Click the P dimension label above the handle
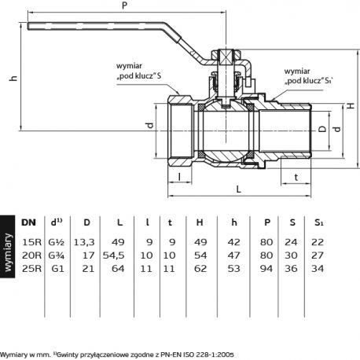pyautogui.click(x=125, y=6)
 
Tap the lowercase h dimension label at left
pyautogui.click(x=13, y=78)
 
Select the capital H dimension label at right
pyautogui.click(x=351, y=105)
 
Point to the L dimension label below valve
pyautogui.click(x=238, y=189)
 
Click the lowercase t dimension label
pyautogui.click(x=296, y=178)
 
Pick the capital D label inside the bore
pyautogui.click(x=322, y=129)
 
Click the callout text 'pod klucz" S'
pyautogui.click(x=139, y=76)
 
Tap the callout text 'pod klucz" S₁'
pyautogui.click(x=309, y=81)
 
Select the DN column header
pyautogui.click(x=28, y=222)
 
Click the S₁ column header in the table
pyautogui.click(x=319, y=222)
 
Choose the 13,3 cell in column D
pyautogui.click(x=84, y=242)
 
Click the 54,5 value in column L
pyautogui.click(x=113, y=255)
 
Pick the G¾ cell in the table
pyautogui.click(x=57, y=255)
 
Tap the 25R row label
pyautogui.click(x=31, y=269)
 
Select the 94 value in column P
pyautogui.click(x=266, y=269)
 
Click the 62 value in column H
pyautogui.click(x=200, y=269)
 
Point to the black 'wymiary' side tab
pyautogui.click(x=8, y=247)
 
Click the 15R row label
pyautogui.click(x=31, y=242)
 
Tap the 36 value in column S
pyautogui.click(x=291, y=269)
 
